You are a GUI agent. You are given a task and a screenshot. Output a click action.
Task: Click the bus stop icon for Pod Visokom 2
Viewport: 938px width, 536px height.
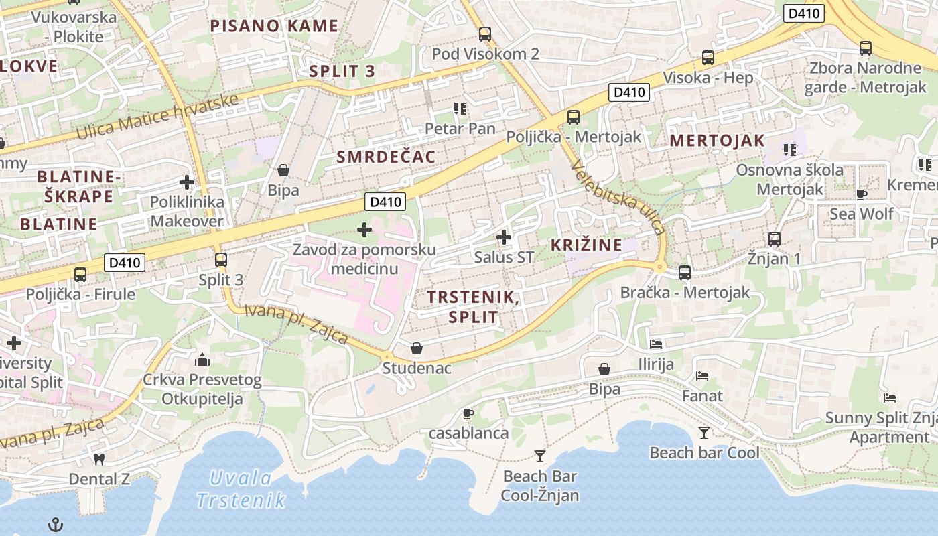coord(485,34)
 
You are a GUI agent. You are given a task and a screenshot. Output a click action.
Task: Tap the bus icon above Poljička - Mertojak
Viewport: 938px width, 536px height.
coord(574,117)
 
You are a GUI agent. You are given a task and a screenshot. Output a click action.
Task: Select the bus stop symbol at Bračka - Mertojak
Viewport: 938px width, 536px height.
coord(685,273)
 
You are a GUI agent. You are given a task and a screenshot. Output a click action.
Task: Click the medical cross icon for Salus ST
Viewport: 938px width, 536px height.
coord(504,237)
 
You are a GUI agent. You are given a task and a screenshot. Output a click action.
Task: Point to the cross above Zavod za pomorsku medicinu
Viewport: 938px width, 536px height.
coord(364,230)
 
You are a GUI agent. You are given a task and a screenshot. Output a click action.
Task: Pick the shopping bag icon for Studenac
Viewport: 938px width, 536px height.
coord(417,348)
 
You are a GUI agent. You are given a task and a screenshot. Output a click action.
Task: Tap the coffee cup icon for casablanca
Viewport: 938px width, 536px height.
coord(468,413)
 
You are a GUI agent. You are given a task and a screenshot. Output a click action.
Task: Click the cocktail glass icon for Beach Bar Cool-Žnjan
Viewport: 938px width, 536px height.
coord(540,456)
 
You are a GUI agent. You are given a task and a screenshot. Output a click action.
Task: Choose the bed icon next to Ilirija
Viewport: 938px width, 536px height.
coord(656,344)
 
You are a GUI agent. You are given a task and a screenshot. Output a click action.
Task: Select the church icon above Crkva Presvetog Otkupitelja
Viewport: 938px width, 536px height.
coord(202,360)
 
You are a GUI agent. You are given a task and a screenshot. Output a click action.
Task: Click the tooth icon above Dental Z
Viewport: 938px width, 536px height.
coord(99,460)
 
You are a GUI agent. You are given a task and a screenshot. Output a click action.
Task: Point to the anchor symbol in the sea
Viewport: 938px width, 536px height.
coord(56,525)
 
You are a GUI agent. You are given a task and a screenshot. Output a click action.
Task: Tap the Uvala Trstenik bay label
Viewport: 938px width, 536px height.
coord(242,489)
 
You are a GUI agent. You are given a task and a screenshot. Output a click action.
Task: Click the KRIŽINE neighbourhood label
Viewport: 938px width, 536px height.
coord(586,245)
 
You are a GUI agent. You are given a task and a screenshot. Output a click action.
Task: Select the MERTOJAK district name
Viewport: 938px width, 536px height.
coord(717,141)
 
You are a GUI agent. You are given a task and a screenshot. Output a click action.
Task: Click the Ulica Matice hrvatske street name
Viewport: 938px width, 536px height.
coord(157,117)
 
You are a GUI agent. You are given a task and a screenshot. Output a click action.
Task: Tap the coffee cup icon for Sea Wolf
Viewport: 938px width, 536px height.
coord(862,194)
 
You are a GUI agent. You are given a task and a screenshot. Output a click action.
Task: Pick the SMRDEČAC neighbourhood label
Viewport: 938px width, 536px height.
coord(386,157)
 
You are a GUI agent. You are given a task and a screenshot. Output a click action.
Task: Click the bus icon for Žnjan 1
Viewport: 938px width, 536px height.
coord(775,239)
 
